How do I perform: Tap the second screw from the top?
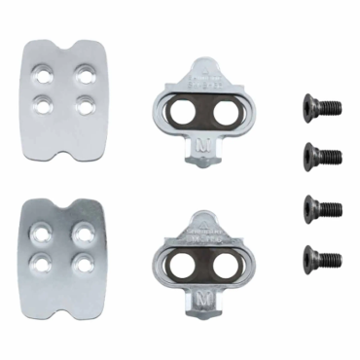click(x=322, y=152)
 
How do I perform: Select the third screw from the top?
click(x=322, y=206)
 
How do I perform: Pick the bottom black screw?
click(x=322, y=257)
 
